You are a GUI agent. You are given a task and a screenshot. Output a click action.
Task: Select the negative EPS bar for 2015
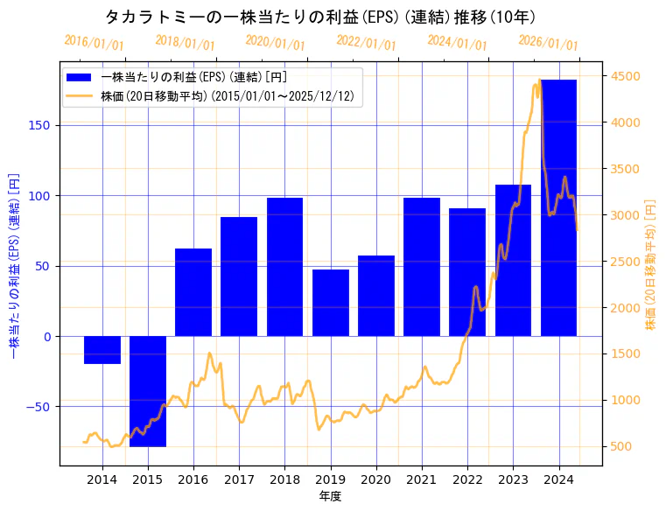pyautogui.click(x=148, y=391)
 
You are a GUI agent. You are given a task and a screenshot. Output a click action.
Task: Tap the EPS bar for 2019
pyautogui.click(x=331, y=303)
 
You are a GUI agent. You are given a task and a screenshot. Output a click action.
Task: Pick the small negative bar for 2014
pyautogui.click(x=102, y=350)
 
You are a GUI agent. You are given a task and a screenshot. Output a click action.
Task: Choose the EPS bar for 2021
pyautogui.click(x=422, y=267)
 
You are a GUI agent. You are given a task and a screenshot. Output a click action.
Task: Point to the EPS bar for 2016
pyautogui.click(x=193, y=292)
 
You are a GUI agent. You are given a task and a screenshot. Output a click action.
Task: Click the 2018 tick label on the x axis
pyautogui.click(x=284, y=479)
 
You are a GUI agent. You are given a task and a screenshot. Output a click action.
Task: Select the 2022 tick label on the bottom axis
pyautogui.click(x=467, y=479)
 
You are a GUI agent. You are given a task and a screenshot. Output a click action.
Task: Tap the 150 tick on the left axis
pyautogui.click(x=42, y=125)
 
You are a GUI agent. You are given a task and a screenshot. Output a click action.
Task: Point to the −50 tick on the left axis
pyautogui.click(x=39, y=407)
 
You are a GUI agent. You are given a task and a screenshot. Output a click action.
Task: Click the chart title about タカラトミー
pyautogui.click(x=320, y=17)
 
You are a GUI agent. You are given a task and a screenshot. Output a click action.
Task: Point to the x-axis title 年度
pyautogui.click(x=330, y=496)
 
